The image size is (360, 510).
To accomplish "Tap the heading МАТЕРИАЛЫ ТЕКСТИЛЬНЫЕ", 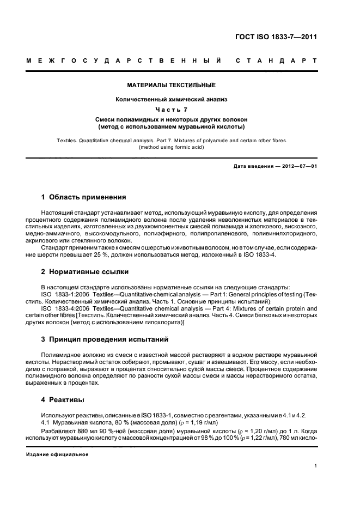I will pos(171,85).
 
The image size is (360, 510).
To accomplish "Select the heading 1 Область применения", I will pos(83,197).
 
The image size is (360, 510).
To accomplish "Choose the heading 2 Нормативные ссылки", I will pos(85,271).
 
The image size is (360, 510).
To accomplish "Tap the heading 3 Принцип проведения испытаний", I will pos(105,339).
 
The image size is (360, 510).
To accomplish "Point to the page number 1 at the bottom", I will pos(315,465).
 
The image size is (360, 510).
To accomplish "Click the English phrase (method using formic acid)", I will pos(171,147).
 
